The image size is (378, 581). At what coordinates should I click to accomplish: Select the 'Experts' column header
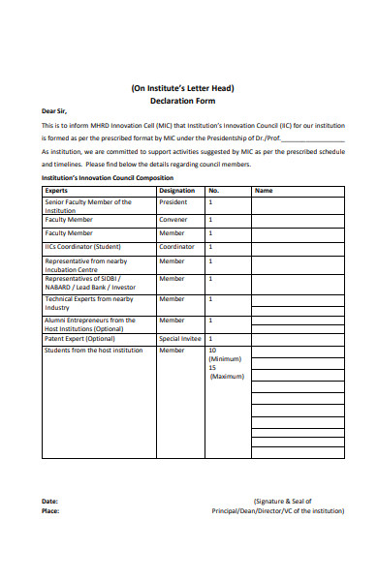pos(56,191)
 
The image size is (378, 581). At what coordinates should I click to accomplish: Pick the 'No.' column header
pos(214,191)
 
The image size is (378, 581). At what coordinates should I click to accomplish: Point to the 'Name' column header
pos(264,191)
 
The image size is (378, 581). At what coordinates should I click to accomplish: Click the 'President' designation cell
pos(173,202)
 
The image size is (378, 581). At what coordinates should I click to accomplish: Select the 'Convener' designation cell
pos(173,220)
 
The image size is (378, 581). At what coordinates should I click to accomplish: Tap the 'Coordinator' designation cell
pos(176,247)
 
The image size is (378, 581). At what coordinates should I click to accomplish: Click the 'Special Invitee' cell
pos(179,338)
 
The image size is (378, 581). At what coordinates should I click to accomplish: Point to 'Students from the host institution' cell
pos(94,350)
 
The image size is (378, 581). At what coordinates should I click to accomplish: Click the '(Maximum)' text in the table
pos(227,376)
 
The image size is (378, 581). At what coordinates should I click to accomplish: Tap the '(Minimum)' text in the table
pos(226,358)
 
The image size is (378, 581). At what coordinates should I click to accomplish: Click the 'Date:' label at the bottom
pos(49,501)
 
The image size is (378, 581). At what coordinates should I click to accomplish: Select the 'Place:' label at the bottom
pos(50,510)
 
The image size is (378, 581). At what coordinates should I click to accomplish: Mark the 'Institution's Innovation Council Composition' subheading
pos(107,178)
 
